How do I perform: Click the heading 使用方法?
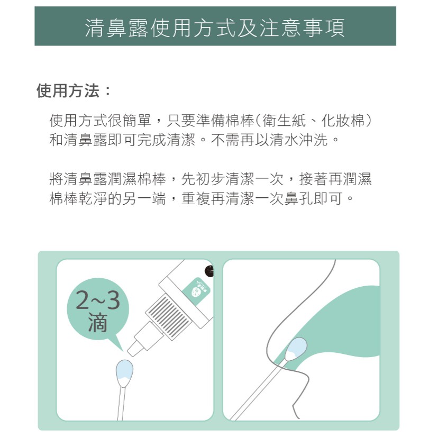pos(68,90)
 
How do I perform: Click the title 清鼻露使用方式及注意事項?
pos(215,28)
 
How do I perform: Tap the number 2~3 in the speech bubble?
pos(98,300)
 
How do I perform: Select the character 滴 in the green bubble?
pos(98,322)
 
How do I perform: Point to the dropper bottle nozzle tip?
pos(131,352)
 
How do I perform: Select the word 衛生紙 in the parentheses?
pos(284,121)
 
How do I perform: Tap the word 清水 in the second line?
pos(284,140)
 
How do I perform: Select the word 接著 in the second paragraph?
pos(313,179)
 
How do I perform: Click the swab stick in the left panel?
pos(121,404)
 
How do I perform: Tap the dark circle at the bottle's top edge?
pos(209,271)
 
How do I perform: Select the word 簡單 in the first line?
pos(137,121)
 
